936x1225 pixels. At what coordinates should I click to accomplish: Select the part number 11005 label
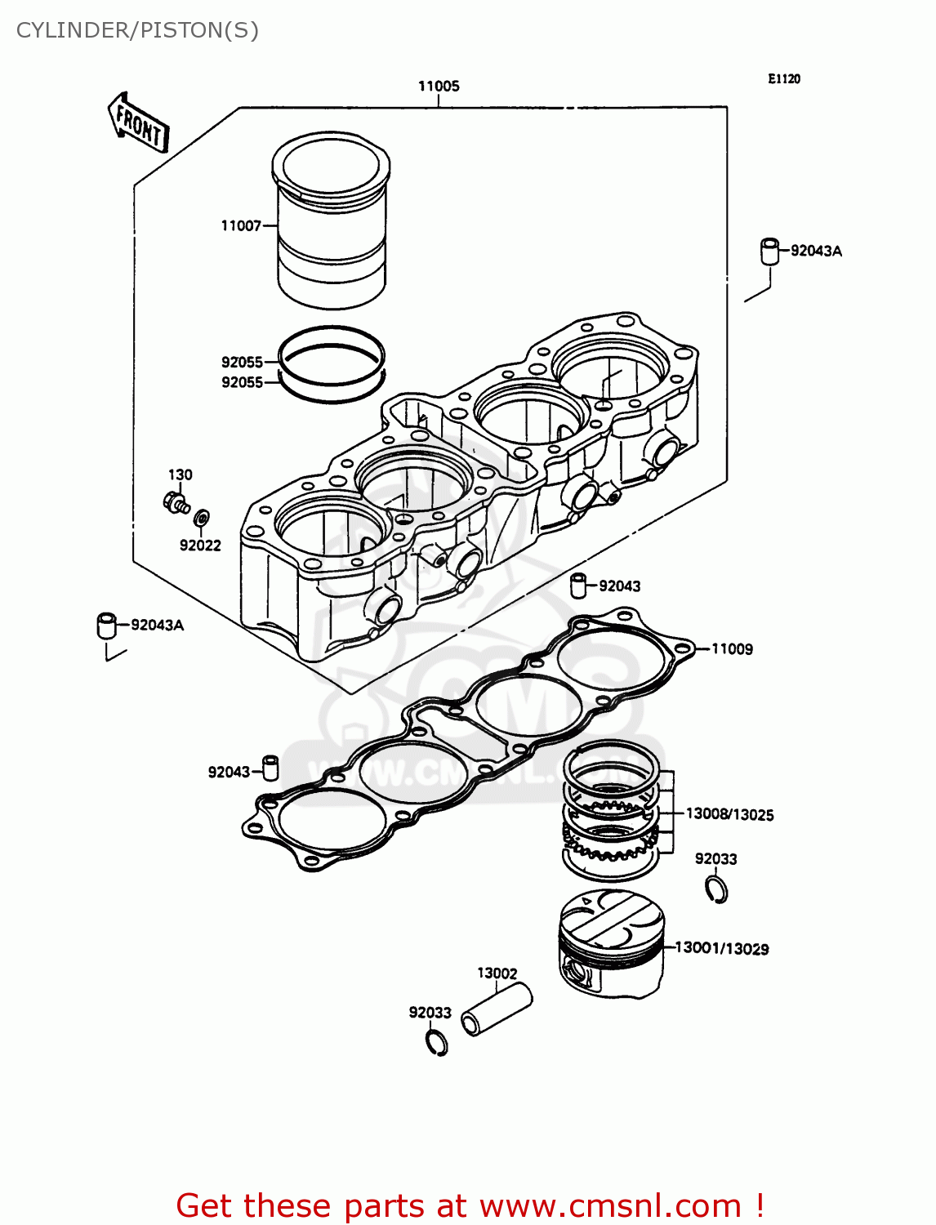439,86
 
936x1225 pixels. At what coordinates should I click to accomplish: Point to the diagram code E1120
783,78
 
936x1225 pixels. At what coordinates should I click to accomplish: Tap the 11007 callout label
241,225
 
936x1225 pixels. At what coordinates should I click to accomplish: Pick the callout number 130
180,474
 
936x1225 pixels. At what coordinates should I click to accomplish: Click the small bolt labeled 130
176,502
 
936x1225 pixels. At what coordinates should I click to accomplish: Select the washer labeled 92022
201,518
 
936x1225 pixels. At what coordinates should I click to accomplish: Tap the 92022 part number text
200,546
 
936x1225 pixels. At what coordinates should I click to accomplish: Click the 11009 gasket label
732,649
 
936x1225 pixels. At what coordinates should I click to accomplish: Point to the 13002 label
497,973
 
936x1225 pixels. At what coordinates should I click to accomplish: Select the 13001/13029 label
721,948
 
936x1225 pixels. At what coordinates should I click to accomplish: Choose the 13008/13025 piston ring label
729,814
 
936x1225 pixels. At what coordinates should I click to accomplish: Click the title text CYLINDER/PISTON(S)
137,30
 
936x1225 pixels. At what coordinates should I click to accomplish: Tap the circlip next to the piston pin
437,1042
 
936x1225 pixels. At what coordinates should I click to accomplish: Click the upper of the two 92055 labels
242,362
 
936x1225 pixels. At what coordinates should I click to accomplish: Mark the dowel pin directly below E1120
769,251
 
